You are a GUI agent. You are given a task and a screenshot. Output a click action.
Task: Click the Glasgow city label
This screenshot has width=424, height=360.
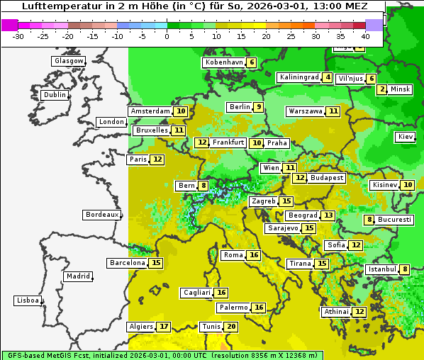pos(68,61)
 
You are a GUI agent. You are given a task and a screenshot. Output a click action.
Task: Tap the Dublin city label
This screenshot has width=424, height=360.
pos(54,95)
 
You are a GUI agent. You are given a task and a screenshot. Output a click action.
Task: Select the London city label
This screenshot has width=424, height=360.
pos(111,122)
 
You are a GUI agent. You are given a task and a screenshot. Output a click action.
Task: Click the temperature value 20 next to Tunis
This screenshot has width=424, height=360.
pos(231,327)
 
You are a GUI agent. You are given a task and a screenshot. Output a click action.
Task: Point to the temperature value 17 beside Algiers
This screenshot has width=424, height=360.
pos(164,327)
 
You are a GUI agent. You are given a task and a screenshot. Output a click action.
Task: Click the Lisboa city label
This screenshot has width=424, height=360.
pos(27,300)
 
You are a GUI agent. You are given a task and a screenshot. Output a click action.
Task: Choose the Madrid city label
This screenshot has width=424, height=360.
pos(77,276)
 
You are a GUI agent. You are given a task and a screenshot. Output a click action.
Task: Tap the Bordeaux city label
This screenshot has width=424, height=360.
pos(101,215)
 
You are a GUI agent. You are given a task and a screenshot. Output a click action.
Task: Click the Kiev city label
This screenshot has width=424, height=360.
pos(406,137)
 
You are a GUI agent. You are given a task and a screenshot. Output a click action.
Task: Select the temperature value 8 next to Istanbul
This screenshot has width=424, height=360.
pos(405,269)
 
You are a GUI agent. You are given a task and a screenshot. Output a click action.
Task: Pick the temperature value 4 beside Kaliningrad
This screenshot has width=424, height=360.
pos(328,77)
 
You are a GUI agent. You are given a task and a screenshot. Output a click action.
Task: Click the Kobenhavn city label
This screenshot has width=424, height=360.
pos(223,62)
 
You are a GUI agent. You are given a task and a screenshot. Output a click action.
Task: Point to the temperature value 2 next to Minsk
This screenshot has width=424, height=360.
pos(382,89)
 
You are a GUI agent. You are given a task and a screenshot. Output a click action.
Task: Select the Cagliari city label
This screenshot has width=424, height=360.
pos(197,293)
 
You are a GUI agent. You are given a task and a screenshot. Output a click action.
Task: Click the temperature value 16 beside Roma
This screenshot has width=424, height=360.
pos(254,255)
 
